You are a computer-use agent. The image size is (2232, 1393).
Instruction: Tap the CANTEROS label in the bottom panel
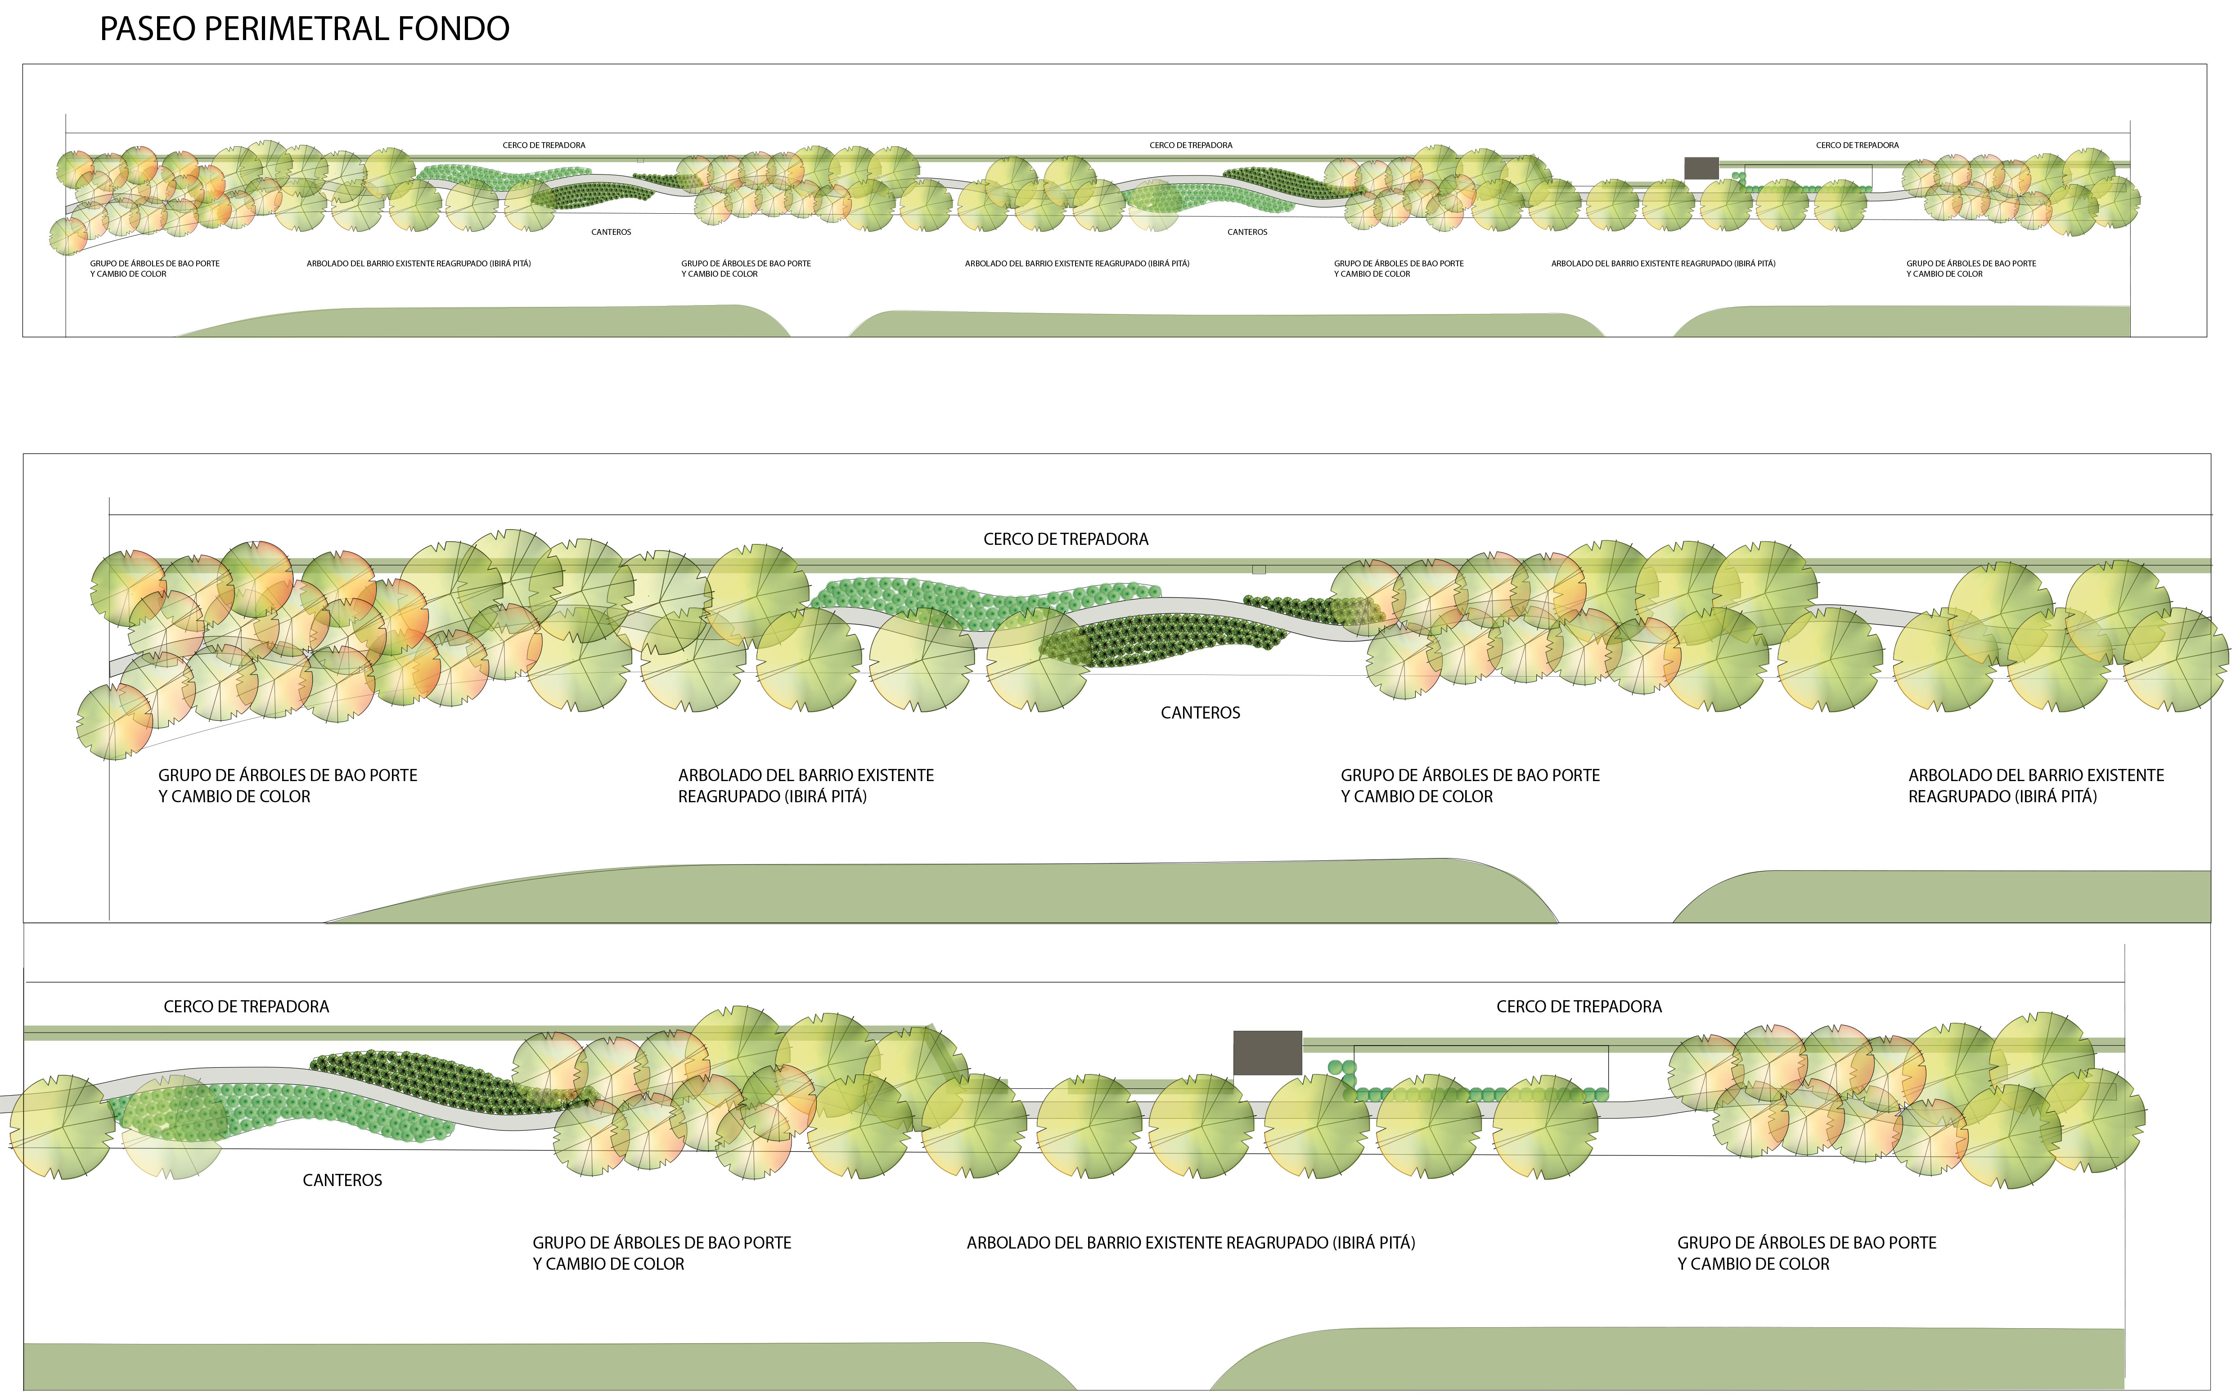point(342,1180)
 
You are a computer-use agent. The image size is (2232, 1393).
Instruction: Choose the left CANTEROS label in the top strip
point(611,232)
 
